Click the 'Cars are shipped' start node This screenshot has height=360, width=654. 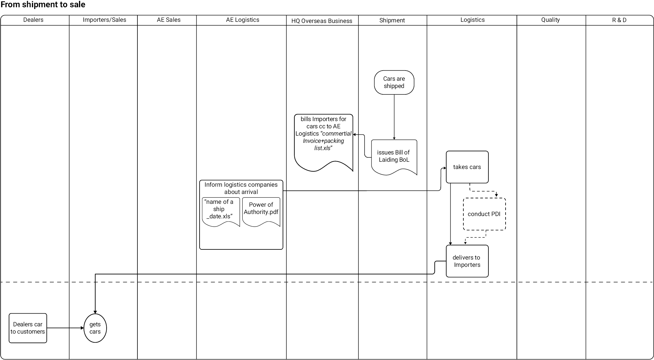click(x=394, y=82)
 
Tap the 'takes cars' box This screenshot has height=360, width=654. click(x=467, y=167)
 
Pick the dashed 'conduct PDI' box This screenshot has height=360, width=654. click(x=484, y=214)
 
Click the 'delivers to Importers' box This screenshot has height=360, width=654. click(x=467, y=261)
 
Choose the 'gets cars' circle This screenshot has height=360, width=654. click(x=95, y=328)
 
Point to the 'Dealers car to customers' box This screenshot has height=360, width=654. click(x=28, y=328)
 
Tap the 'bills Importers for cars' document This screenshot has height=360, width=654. click(x=323, y=143)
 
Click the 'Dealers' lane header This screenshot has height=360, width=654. click(x=33, y=20)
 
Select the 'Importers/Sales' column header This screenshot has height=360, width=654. click(x=104, y=20)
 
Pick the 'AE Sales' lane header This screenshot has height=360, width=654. click(x=169, y=20)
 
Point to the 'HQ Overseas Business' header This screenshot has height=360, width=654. click(x=322, y=21)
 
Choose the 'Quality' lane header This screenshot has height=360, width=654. click(x=550, y=20)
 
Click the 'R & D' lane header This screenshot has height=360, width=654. click(x=619, y=20)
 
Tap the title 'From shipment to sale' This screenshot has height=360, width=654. click(x=43, y=5)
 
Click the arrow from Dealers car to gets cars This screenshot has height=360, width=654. click(x=65, y=328)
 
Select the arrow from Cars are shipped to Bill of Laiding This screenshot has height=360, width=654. click(x=394, y=117)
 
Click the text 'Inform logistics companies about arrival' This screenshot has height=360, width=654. click(x=241, y=188)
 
